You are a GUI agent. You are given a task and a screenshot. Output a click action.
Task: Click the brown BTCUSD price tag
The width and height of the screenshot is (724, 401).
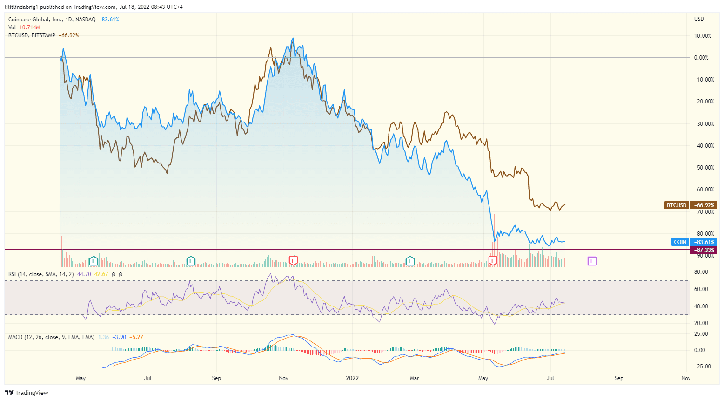(676, 205)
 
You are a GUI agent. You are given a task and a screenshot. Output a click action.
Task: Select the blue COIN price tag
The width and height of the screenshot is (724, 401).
(680, 242)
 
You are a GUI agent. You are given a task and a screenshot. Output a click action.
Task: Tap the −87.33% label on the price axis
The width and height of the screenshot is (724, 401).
(704, 250)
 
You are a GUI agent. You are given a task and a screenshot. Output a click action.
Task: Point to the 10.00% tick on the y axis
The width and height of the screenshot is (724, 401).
(703, 36)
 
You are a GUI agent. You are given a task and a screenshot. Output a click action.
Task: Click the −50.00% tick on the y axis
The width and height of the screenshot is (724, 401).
(704, 168)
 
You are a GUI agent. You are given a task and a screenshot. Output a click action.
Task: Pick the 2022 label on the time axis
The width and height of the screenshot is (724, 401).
(352, 378)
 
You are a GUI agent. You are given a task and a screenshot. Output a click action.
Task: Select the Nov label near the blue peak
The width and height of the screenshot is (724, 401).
(283, 378)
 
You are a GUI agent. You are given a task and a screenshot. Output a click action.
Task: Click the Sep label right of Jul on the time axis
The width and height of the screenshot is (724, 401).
(216, 378)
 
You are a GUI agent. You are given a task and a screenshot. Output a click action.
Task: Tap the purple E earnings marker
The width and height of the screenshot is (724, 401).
(592, 261)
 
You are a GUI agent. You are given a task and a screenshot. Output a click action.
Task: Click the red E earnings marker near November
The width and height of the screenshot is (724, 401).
(293, 261)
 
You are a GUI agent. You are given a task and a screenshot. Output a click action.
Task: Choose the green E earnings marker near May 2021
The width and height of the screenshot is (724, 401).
(94, 261)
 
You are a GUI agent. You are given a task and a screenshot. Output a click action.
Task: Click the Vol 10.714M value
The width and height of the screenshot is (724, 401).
(30, 27)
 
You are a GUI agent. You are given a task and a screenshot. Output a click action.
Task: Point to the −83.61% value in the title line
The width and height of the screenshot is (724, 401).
(109, 20)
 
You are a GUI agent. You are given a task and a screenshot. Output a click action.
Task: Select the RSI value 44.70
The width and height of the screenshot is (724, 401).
(84, 274)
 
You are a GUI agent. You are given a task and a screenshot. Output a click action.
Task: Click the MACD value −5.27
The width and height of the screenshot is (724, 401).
(136, 337)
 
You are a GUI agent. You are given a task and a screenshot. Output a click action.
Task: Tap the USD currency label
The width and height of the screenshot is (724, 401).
(699, 19)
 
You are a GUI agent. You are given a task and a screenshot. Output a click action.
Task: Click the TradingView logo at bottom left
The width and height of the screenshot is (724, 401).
(27, 393)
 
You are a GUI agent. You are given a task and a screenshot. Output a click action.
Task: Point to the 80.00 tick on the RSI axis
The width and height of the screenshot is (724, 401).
(701, 272)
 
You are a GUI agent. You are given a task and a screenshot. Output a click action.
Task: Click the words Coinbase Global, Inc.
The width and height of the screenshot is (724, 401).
(35, 20)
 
